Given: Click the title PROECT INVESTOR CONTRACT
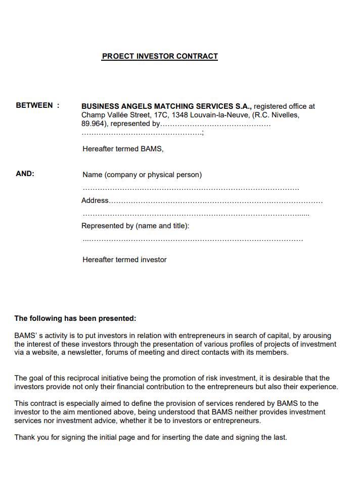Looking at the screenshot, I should coord(160,56).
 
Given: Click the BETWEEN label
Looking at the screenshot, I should coord(34,105).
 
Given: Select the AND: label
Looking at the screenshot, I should coord(25,174).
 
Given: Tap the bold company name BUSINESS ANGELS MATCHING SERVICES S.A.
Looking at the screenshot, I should coord(166,106).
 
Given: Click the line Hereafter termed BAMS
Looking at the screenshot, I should coord(123,149).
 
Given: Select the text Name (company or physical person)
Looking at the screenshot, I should coord(142,175).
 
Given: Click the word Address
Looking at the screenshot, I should coord(95,200).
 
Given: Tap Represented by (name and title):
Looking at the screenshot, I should coord(136,226).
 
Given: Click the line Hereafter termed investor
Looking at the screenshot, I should coord(124,260).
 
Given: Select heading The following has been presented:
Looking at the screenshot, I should coord(75,318).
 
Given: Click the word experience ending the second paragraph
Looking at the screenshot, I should coord(320,387).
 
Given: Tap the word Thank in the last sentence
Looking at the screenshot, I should coord(24,437).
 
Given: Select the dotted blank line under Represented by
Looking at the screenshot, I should coord(192,239).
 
